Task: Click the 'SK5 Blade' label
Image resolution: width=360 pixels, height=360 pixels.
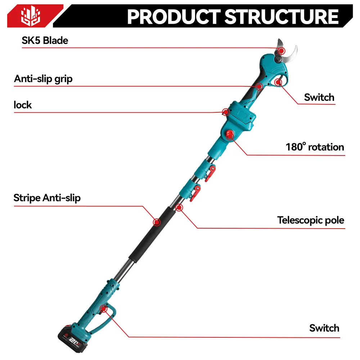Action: coord(45,40)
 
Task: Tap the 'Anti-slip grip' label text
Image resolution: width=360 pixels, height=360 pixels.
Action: coord(43,78)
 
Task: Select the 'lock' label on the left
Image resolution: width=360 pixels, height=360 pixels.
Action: coord(23,105)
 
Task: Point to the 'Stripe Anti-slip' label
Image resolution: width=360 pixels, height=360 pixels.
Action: coord(47,198)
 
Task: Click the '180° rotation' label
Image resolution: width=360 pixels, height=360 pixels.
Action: coord(315,147)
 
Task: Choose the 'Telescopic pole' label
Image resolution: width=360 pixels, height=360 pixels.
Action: coord(310,220)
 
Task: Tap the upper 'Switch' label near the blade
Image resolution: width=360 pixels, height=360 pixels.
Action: coord(319,97)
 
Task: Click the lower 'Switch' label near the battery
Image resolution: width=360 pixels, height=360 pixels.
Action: coord(324,328)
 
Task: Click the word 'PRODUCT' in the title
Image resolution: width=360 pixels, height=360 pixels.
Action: coord(173,17)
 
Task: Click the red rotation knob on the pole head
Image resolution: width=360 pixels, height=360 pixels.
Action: coord(230,134)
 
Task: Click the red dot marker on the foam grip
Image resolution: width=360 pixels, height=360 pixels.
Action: coord(157,222)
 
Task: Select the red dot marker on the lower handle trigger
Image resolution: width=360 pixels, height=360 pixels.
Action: coord(104,308)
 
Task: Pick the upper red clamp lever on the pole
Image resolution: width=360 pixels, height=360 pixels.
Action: coord(211,169)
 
